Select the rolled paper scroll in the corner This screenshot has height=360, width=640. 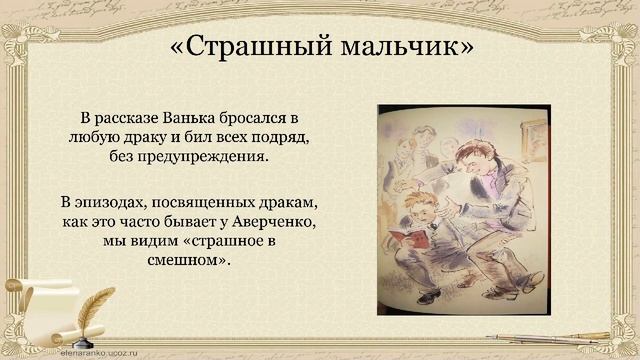click(25, 335)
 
